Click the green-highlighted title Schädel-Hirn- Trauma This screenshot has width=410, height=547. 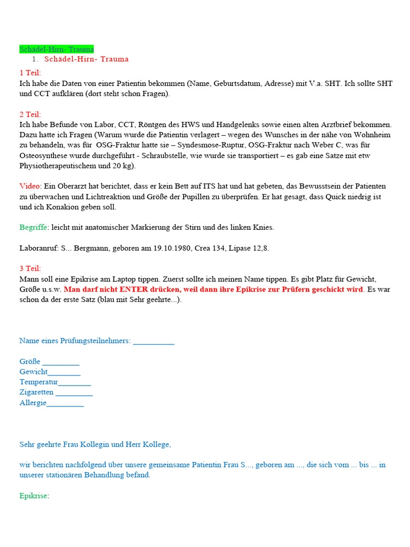(x=57, y=49)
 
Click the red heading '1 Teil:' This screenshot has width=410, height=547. (x=30, y=73)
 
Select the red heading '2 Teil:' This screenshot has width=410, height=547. (x=30, y=114)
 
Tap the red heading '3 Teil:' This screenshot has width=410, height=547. (x=30, y=268)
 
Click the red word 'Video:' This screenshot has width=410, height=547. (x=30, y=186)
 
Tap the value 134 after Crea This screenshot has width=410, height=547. (x=226, y=248)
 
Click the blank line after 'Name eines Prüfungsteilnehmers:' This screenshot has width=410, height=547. (x=154, y=341)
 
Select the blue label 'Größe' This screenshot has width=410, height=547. (x=30, y=362)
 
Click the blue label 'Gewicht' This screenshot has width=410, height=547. (x=34, y=372)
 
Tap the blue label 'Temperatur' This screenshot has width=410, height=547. (x=38, y=382)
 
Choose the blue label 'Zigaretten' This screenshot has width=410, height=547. (x=37, y=392)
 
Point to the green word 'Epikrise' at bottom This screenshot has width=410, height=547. (x=33, y=496)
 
